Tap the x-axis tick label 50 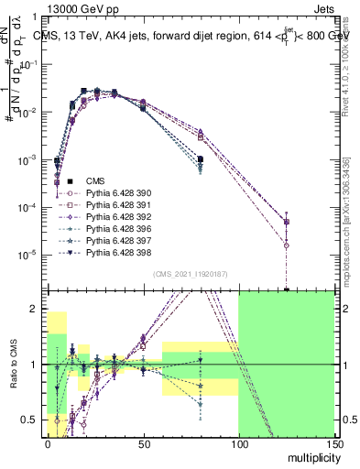142,442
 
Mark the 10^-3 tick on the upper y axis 29,160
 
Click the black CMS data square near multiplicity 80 200,159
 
